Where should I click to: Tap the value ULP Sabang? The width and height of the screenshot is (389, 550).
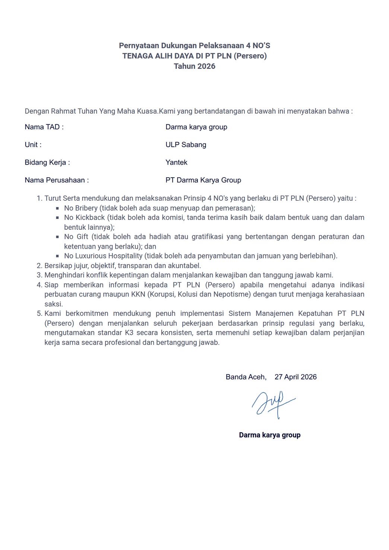tap(186, 145)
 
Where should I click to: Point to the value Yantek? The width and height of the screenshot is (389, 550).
tap(176, 162)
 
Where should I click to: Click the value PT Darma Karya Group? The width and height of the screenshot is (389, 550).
tap(203, 180)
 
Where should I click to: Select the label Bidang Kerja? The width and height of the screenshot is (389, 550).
tap(47, 162)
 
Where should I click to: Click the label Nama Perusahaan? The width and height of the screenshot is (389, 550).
tap(56, 180)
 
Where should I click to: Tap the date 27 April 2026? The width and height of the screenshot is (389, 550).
tap(295, 377)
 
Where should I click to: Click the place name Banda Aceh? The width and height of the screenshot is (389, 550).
tap(246, 377)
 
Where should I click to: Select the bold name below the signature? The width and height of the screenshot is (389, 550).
tap(269, 435)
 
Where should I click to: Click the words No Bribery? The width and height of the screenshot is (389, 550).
tap(81, 208)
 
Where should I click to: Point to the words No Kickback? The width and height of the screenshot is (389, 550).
tap(84, 217)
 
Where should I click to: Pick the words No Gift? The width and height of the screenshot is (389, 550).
tap(76, 237)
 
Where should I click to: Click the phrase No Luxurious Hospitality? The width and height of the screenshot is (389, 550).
tap(103, 256)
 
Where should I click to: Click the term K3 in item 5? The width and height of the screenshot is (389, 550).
tap(129, 333)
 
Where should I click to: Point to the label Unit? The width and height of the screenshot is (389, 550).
tap(33, 145)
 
